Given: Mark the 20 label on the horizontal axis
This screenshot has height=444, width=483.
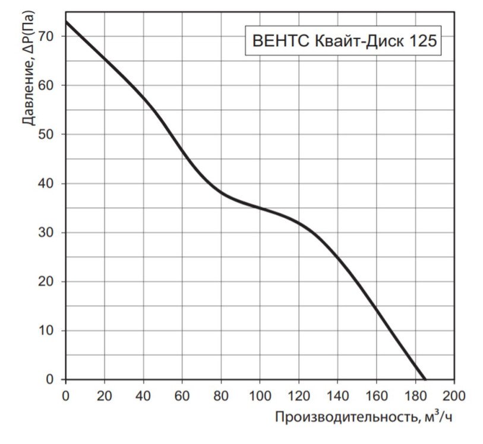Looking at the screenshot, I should [105, 394].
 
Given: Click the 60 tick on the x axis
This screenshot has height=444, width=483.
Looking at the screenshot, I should [182, 394].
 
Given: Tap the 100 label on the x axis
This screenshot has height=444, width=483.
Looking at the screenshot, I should [260, 394].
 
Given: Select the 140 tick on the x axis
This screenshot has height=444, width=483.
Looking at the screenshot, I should [337, 394].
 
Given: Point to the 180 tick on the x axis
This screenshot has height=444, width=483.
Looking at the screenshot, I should [415, 394].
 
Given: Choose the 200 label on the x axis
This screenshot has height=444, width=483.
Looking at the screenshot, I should [454, 394].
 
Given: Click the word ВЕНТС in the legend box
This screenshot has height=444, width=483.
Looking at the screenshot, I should [277, 42].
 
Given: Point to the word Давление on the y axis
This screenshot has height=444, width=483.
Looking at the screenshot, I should [27, 96].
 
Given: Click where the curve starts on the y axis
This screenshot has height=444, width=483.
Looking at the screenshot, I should [66, 21].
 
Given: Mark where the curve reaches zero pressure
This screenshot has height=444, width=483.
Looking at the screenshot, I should [425, 379].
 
